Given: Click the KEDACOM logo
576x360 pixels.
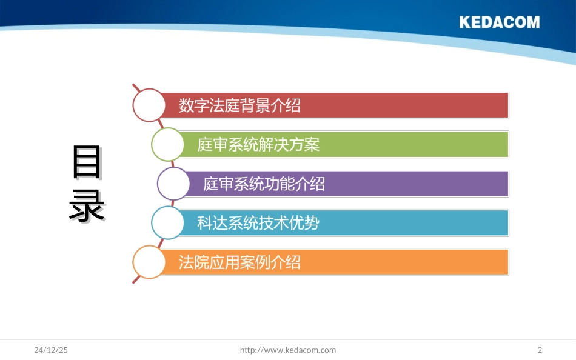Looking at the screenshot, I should pos(499,22).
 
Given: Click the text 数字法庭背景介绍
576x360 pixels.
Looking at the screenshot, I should pos(239,105).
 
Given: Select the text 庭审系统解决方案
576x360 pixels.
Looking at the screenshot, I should pos(258,144).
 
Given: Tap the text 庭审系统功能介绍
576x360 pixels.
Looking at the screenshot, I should pos(264,184).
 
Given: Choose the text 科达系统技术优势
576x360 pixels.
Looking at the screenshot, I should pos(258,223).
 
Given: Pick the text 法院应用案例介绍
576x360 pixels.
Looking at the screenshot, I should pos(239,262).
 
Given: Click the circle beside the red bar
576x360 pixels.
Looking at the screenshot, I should pos(149,105).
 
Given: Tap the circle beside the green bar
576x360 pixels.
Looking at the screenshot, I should pos(167,144).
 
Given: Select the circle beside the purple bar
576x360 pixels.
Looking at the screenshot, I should pos(173,184).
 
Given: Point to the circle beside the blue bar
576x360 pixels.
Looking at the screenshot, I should pos(167,223).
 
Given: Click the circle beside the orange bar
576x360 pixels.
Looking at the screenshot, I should pos(149,262).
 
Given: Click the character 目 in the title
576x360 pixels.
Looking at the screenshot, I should pos(87,162).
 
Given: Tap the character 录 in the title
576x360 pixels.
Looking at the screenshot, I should pos(87,207).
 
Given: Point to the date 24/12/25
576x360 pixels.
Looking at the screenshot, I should pos(51,350).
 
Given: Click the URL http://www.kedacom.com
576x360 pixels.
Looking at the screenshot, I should pos(288,350).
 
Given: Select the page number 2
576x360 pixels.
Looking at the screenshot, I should pos(540,350).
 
